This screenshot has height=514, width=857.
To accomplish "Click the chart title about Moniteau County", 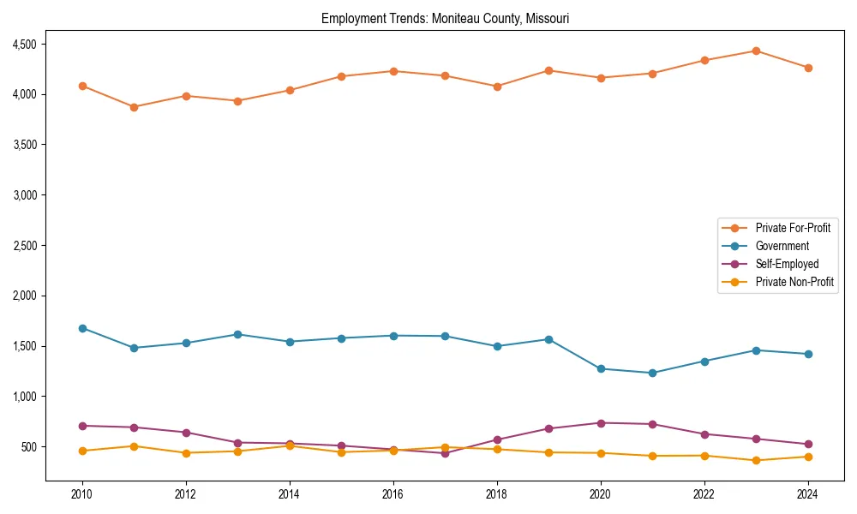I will [x=445, y=18].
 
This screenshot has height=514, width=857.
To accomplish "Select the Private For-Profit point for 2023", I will [x=756, y=51].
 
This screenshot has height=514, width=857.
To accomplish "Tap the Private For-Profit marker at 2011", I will [x=134, y=107].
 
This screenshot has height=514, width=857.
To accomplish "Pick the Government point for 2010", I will [x=82, y=328].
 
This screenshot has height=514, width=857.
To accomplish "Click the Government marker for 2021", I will [x=652, y=373].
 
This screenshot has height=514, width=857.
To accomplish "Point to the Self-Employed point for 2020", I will [x=601, y=423].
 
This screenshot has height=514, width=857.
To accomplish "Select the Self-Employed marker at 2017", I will [x=445, y=453].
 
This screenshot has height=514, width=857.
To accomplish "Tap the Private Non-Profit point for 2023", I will [x=756, y=460].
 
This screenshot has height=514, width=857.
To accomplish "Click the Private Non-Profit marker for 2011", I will [x=134, y=446].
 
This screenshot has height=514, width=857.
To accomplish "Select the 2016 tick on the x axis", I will [x=393, y=494].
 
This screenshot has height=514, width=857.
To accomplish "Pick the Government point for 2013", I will [x=237, y=334].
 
